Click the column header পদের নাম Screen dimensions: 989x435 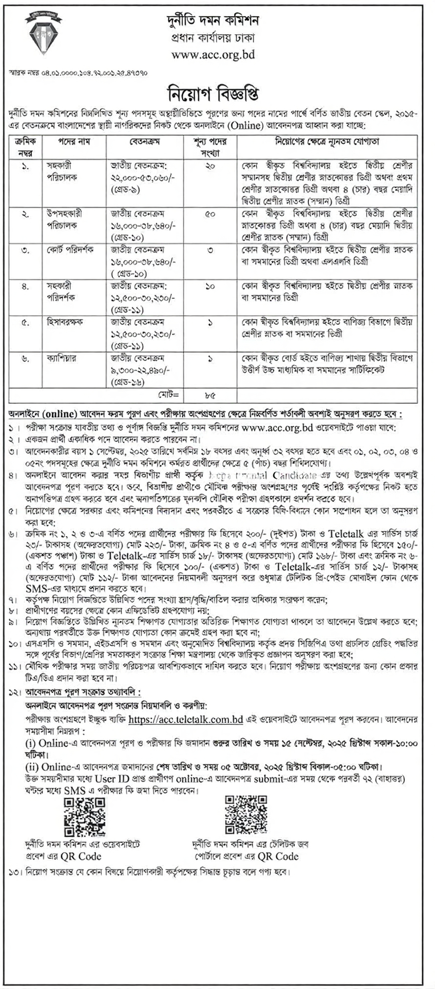tap(74, 141)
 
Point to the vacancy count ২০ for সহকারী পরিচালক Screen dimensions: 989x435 tap(210, 166)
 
